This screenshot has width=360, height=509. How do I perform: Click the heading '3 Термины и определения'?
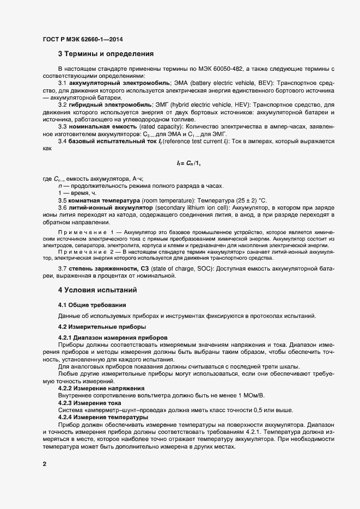tap(106, 54)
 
